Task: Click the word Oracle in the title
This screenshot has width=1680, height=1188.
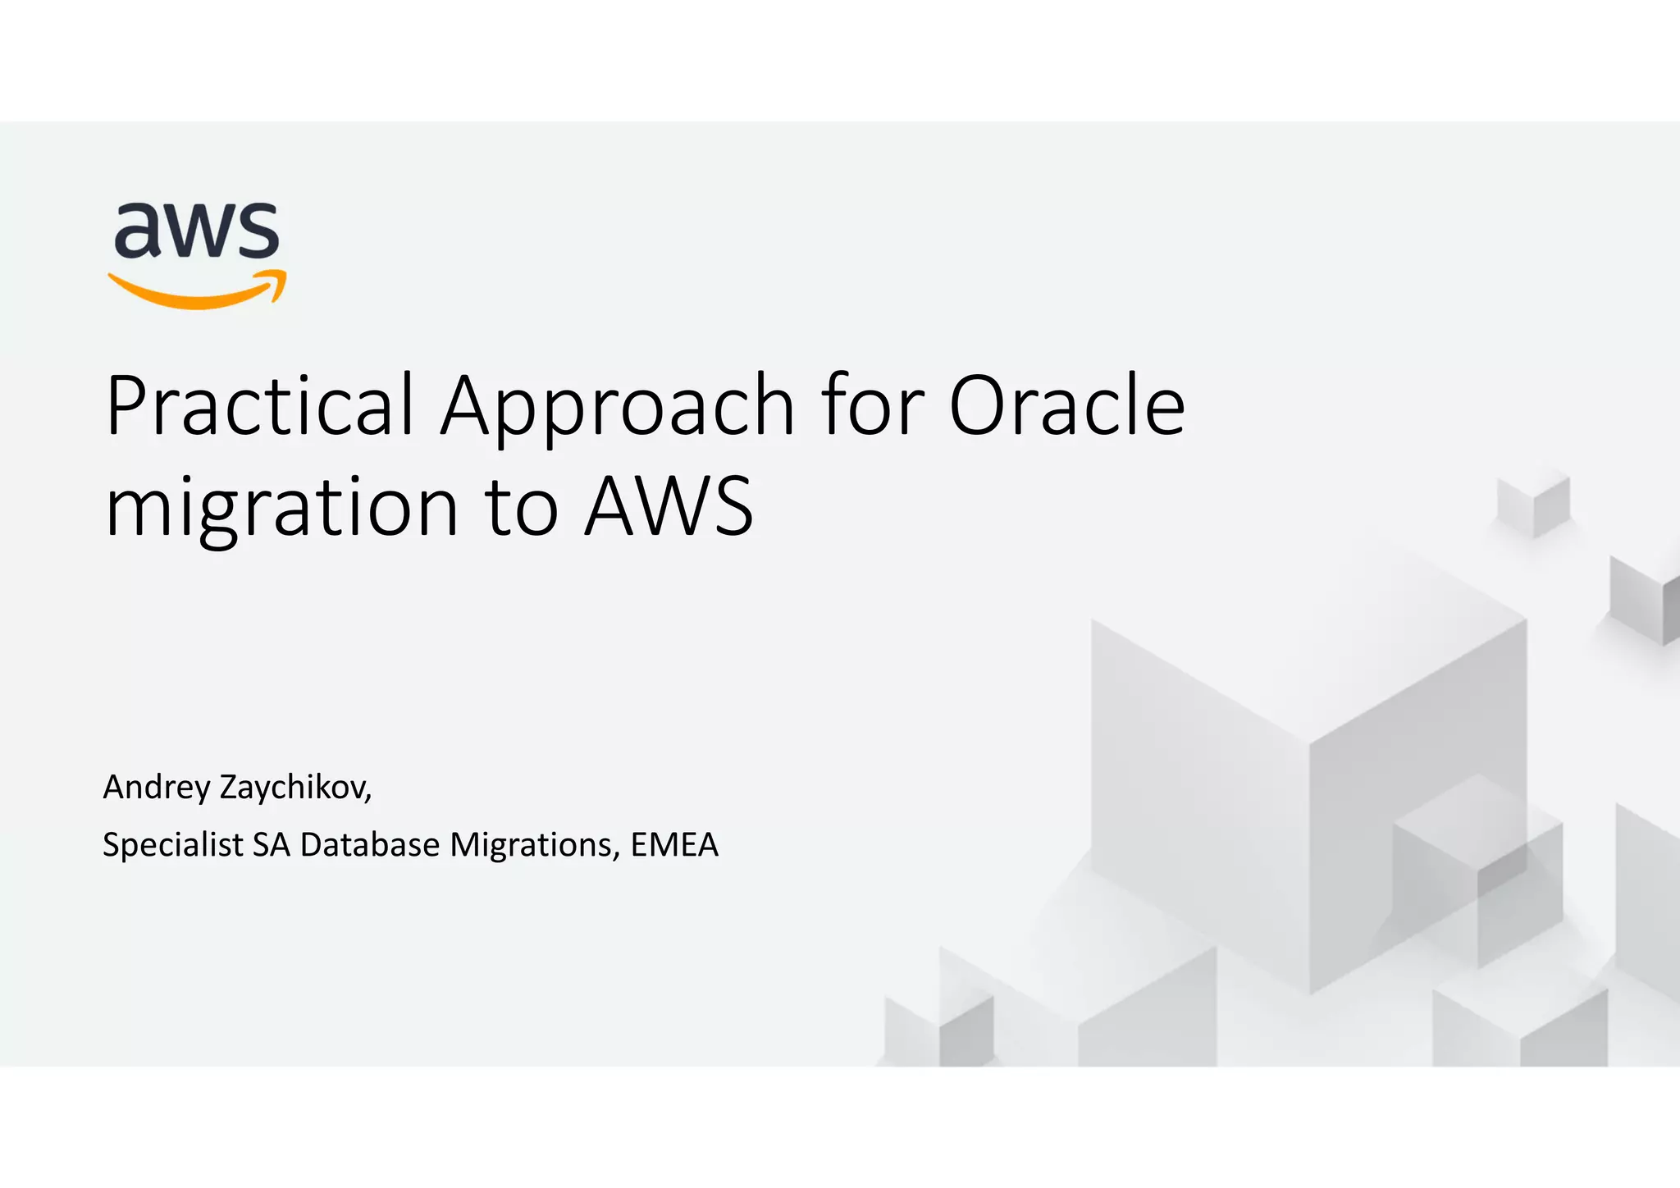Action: point(1066,405)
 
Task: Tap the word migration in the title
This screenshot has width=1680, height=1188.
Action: point(281,509)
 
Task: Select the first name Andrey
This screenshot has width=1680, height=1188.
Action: point(157,788)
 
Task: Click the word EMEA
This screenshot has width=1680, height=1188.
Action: point(674,845)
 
